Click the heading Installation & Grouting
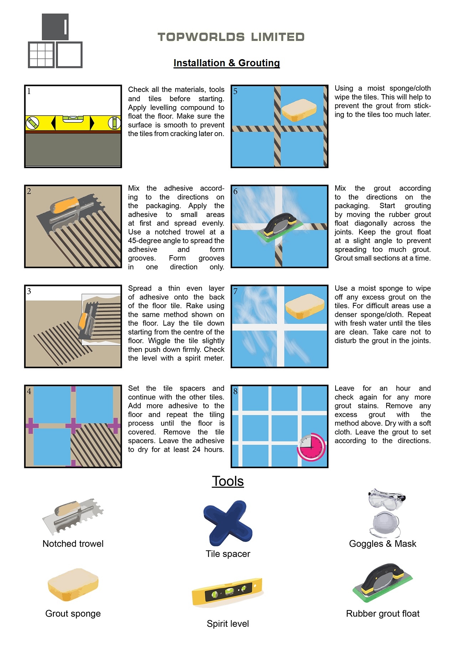(227, 63)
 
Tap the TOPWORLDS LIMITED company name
(231, 37)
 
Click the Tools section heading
(228, 481)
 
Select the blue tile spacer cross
(228, 523)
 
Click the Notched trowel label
(73, 543)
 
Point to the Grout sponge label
(73, 613)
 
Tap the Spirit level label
(228, 624)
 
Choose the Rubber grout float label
(383, 613)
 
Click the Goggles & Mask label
(383, 543)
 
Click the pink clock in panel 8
(311, 447)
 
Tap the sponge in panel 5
(299, 110)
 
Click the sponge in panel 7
(305, 306)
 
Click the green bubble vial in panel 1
(74, 117)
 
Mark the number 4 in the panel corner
(29, 391)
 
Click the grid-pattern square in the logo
(41, 55)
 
